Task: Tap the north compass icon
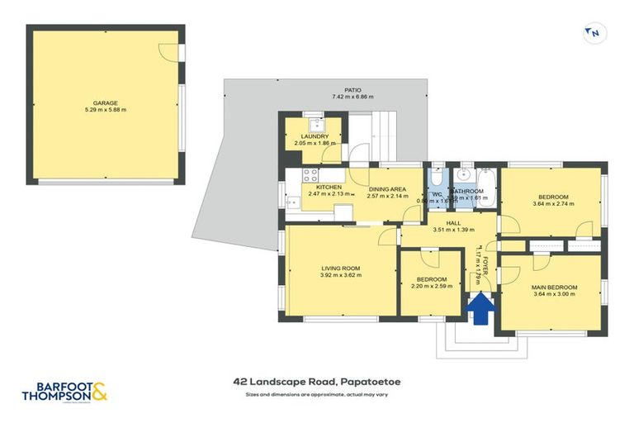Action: tap(593, 33)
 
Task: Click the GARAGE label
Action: tap(104, 102)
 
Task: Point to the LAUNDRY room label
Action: tap(315, 136)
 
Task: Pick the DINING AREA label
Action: tap(388, 188)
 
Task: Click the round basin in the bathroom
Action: tap(464, 175)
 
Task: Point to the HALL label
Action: tap(453, 223)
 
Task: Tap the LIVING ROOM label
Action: tap(340, 269)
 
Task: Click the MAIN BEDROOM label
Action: tap(555, 287)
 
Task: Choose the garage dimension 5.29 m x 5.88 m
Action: tap(104, 110)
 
